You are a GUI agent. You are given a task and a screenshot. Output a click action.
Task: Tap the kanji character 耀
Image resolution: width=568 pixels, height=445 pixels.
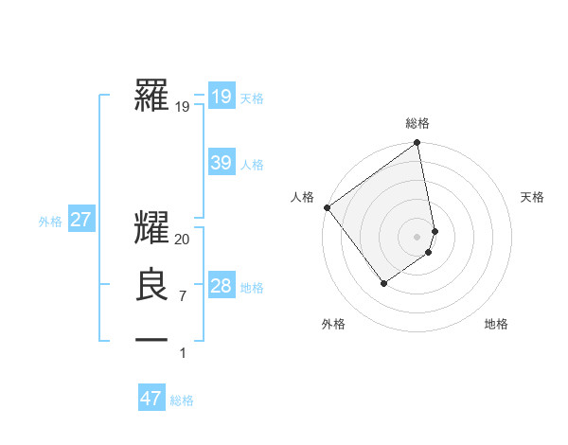[151, 230]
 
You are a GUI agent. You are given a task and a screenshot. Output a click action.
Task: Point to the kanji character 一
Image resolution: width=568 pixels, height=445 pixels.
[151, 339]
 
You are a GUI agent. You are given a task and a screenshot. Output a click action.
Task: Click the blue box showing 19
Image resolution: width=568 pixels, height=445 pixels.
[221, 96]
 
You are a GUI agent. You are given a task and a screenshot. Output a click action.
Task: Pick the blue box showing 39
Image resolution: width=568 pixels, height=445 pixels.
[221, 163]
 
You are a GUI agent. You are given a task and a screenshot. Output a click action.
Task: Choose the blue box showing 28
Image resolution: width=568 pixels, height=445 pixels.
[221, 286]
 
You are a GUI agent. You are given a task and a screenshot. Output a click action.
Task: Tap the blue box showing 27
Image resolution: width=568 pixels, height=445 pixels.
[80, 220]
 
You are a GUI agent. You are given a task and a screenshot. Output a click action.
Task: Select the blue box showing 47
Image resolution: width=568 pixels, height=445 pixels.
[151, 399]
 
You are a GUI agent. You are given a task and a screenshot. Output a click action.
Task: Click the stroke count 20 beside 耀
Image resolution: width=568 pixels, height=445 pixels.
[183, 240]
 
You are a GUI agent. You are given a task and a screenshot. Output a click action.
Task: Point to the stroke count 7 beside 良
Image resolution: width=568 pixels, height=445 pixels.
[183, 296]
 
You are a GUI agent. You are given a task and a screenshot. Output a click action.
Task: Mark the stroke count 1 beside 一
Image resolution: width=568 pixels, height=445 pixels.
[183, 352]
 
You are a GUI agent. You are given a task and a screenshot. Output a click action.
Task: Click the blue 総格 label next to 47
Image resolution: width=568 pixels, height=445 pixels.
[182, 400]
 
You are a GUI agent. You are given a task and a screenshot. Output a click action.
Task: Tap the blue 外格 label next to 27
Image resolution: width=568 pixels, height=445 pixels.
[50, 222]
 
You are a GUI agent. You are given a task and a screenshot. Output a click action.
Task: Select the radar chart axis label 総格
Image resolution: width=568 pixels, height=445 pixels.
[417, 123]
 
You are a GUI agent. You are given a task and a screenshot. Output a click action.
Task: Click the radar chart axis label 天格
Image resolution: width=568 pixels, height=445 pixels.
[532, 197]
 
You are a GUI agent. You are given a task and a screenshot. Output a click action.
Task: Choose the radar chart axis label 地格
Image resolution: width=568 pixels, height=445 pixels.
[496, 324]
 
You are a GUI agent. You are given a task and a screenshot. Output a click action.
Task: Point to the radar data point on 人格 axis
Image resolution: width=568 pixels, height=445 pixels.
[327, 207]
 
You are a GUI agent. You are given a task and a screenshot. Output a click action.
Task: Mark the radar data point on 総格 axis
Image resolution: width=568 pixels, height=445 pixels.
[417, 144]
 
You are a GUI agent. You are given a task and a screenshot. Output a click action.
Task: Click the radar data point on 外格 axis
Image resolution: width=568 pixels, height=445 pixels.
[383, 282]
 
